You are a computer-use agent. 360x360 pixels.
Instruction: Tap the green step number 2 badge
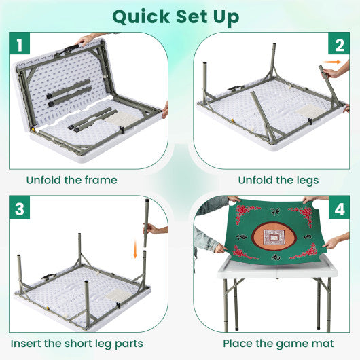tap(337, 45)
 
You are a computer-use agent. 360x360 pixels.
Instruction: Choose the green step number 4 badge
tap(337, 209)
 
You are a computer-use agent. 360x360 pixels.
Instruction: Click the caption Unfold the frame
tap(72, 180)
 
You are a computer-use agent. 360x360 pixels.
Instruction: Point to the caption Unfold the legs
tap(278, 180)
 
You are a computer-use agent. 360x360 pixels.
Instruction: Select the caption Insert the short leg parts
tap(77, 344)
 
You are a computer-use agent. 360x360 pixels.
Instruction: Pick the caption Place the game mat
tap(278, 344)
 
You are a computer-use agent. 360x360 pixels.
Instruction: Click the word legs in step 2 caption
tap(306, 181)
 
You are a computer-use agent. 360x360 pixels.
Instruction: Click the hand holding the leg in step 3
tap(156, 230)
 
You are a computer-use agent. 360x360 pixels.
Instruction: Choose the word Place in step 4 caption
tap(239, 344)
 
